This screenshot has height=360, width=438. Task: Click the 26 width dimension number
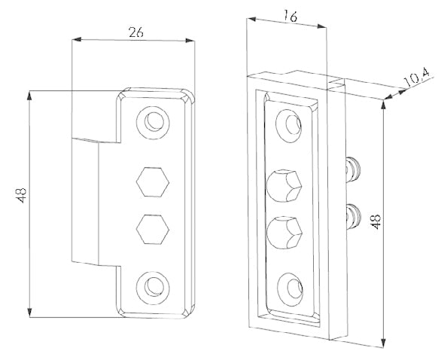pos(136,32)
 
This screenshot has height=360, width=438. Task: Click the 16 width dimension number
pos(290,17)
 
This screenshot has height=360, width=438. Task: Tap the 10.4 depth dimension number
pos(417,78)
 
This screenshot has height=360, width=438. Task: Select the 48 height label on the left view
pos(22,195)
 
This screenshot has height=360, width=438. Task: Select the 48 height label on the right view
pos(376,221)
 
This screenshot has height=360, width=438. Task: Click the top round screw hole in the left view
pos(153,123)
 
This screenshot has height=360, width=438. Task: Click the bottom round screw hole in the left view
pos(153,288)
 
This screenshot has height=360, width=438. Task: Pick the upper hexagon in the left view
pos(153,182)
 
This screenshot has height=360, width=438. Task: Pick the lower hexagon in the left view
pos(153,230)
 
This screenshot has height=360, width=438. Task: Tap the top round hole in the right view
pos(289,126)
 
